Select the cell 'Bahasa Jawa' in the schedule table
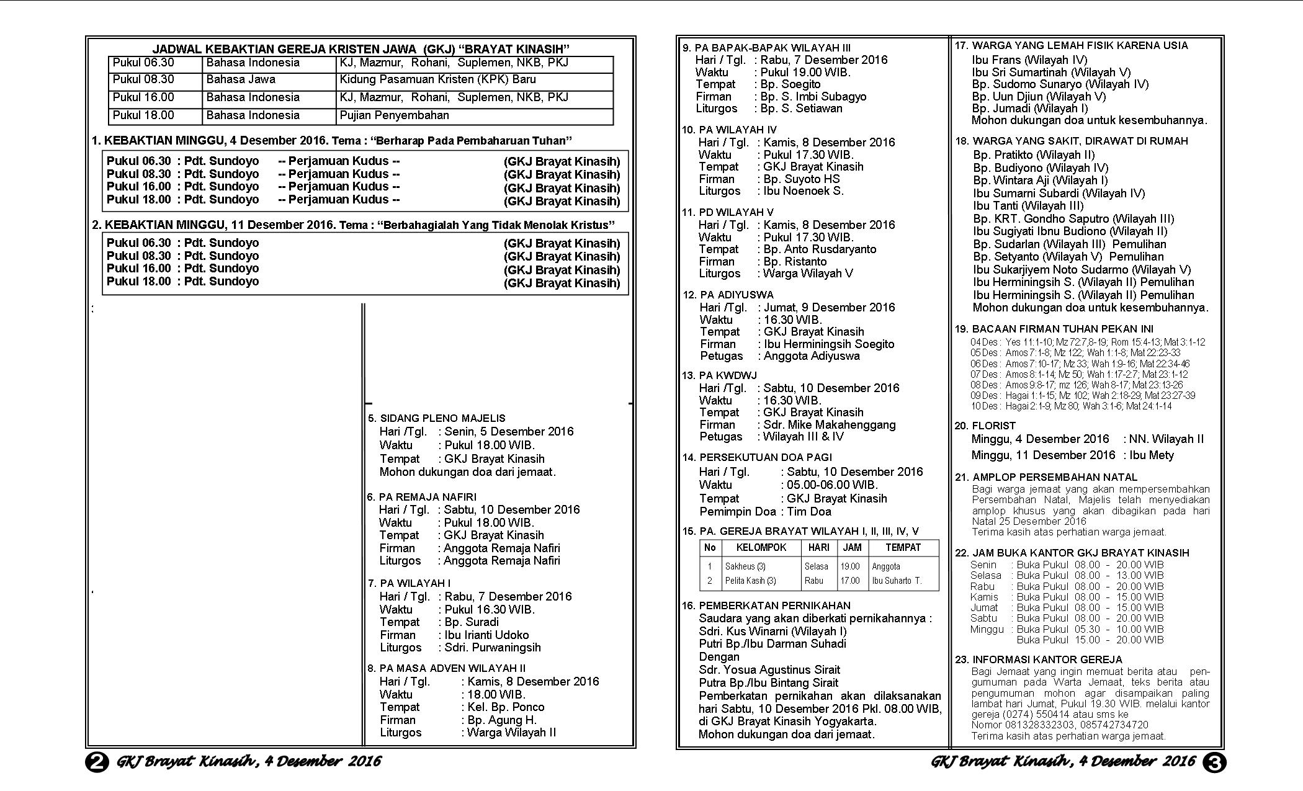click(x=241, y=79)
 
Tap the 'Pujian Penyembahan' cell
click(x=394, y=115)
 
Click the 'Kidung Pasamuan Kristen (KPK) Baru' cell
click(x=437, y=79)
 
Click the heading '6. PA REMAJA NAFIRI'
click(x=421, y=497)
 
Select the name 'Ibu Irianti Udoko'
click(x=486, y=635)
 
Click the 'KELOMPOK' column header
click(x=761, y=548)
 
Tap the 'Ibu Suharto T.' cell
click(x=897, y=581)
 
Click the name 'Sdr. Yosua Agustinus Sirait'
click(x=769, y=670)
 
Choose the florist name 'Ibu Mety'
click(x=1152, y=455)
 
